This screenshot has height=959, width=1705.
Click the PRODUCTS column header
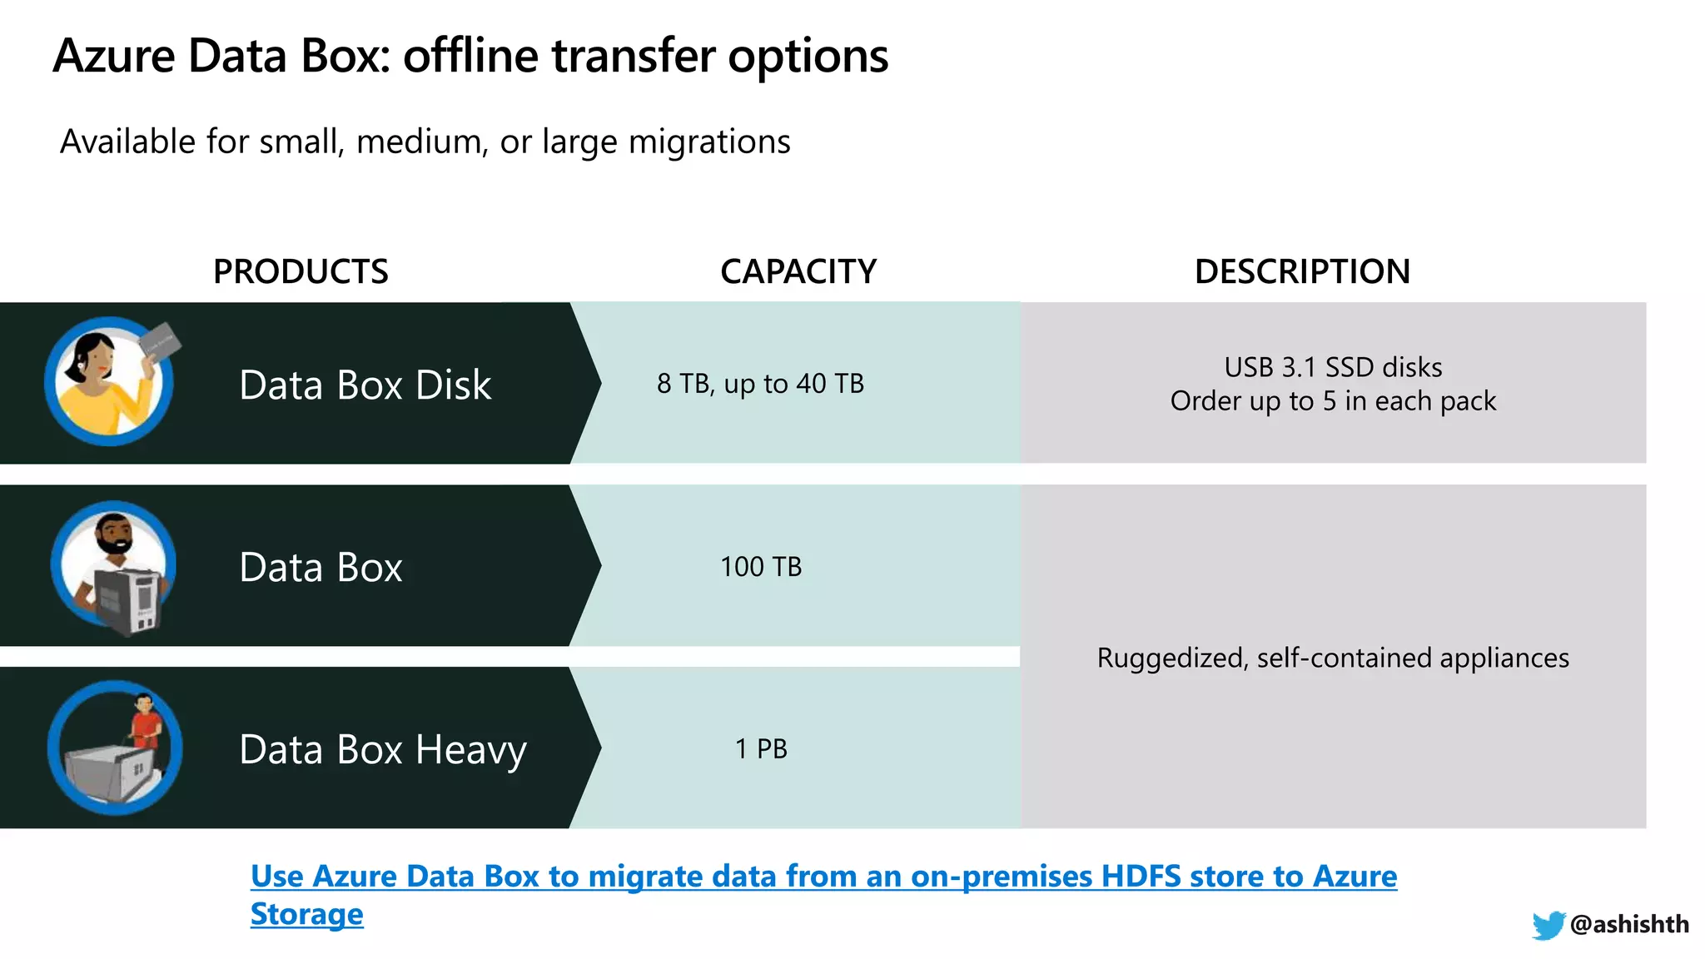point(301,271)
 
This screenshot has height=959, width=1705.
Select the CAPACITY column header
point(798,271)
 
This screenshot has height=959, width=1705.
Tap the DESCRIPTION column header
point(1302,271)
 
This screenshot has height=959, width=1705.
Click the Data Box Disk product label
point(365,385)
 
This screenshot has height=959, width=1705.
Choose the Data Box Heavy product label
point(383,749)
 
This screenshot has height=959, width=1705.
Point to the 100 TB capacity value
point(761,567)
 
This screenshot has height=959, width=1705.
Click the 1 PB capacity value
point(761,749)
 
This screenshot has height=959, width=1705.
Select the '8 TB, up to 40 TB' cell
point(760,384)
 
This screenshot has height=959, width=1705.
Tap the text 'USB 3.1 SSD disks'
point(1333,367)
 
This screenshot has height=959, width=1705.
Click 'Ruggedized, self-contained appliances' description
point(1333,658)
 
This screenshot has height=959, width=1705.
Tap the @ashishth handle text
point(1629,924)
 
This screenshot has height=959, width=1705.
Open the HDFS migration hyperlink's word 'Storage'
point(306,914)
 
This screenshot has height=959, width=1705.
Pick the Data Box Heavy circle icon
point(115,748)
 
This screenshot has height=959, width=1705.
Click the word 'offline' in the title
point(470,57)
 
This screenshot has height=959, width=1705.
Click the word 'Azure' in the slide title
point(114,57)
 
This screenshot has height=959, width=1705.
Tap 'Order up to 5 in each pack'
point(1333,401)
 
